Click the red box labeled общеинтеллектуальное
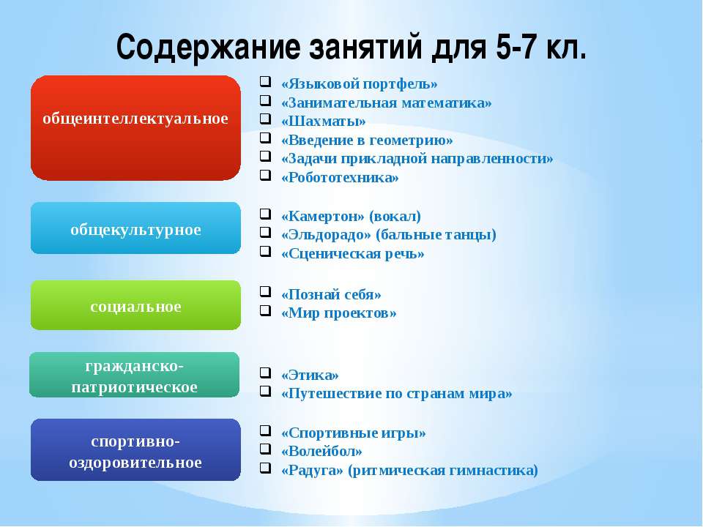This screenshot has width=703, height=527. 135,128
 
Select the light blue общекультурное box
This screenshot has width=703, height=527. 135,228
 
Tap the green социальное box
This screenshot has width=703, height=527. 135,305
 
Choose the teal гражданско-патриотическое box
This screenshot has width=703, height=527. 135,375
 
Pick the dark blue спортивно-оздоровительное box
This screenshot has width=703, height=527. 135,449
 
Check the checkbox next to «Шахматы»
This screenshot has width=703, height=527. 265,119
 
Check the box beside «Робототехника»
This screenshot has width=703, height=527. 265,175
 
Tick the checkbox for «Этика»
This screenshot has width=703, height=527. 265,373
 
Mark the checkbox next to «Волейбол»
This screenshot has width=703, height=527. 265,449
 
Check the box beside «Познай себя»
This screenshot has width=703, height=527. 265,292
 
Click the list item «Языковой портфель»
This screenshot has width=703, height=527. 359,83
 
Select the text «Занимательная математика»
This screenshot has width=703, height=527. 387,102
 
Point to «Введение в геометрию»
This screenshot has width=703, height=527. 367,141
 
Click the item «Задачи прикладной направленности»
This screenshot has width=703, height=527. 417,159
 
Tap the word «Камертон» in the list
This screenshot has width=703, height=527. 323,217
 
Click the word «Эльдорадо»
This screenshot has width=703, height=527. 327,235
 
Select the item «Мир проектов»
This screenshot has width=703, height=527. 338,313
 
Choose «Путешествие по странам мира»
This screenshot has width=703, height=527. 396,394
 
